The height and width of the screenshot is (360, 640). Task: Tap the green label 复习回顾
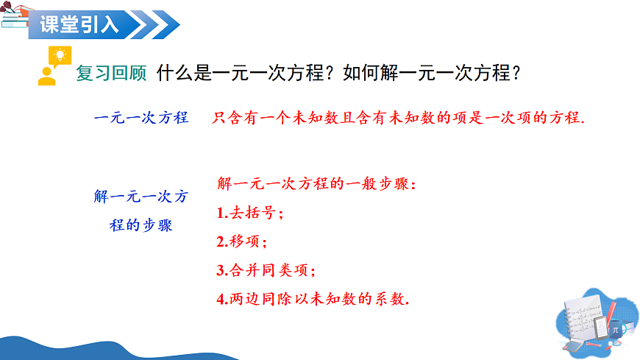click(111, 74)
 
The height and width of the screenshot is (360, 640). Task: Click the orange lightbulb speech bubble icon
click(58, 55)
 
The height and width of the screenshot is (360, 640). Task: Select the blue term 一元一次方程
click(142, 118)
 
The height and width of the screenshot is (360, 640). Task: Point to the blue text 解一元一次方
click(141, 197)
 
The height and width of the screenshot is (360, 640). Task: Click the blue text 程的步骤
click(141, 225)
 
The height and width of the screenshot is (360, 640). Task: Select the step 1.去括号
click(251, 213)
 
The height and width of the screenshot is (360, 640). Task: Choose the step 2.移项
click(243, 241)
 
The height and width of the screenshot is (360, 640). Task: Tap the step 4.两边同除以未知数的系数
click(313, 299)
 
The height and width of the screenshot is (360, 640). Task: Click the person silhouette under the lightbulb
click(48, 75)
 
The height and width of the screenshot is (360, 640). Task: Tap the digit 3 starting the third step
click(221, 270)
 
